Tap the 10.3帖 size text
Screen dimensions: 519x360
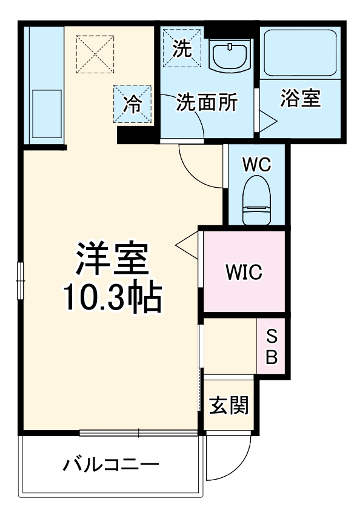click(112, 297)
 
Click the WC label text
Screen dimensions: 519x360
click(256, 165)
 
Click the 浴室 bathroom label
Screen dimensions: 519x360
click(300, 99)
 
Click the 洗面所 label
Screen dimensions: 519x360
click(206, 103)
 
